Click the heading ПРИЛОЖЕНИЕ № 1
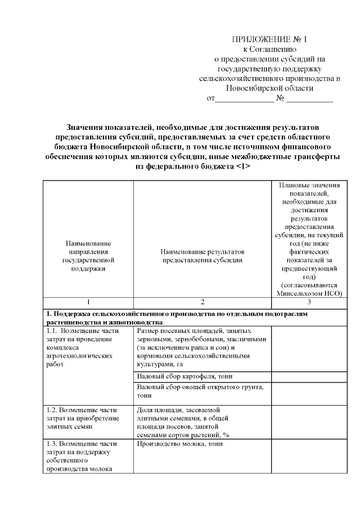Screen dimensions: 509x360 270,39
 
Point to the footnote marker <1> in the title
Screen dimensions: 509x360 240,166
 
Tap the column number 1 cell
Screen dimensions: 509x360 88,302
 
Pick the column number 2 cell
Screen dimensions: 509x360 202,302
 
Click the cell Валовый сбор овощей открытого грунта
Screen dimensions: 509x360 200,391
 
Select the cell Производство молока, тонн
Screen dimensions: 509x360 179,444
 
